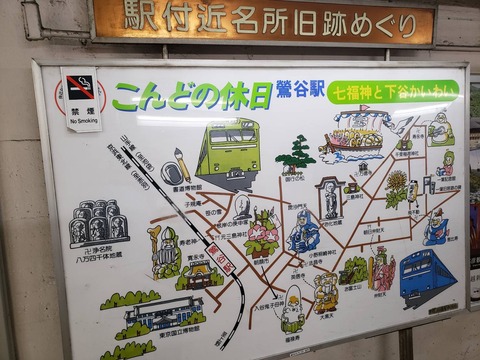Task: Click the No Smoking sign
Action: tap(81, 99)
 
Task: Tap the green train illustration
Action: tap(228, 150)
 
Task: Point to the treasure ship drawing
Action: tap(357, 133)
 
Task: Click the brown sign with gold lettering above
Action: tap(263, 21)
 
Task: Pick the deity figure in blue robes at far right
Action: tap(436, 228)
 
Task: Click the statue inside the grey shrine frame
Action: tap(330, 200)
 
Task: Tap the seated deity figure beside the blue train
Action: tap(382, 267)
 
